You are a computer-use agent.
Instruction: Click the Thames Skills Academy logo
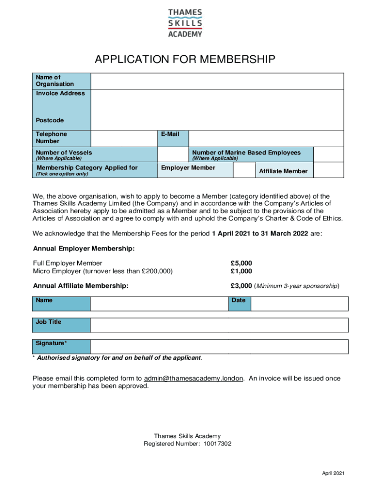click(185, 23)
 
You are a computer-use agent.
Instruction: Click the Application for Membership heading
click(185, 60)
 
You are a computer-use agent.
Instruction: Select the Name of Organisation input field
click(217, 81)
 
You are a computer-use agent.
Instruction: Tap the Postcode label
click(50, 120)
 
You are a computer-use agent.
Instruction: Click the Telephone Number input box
click(124, 138)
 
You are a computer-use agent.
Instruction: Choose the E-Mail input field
click(266, 138)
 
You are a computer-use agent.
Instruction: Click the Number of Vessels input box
click(172, 155)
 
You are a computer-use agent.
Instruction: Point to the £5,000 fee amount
click(241, 264)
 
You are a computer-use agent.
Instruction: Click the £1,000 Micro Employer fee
click(241, 271)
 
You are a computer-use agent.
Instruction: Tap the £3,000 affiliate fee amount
click(241, 286)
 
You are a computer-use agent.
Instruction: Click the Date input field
click(299, 303)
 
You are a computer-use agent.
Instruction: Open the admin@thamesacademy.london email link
click(194, 379)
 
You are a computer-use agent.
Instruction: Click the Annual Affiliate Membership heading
click(81, 286)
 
